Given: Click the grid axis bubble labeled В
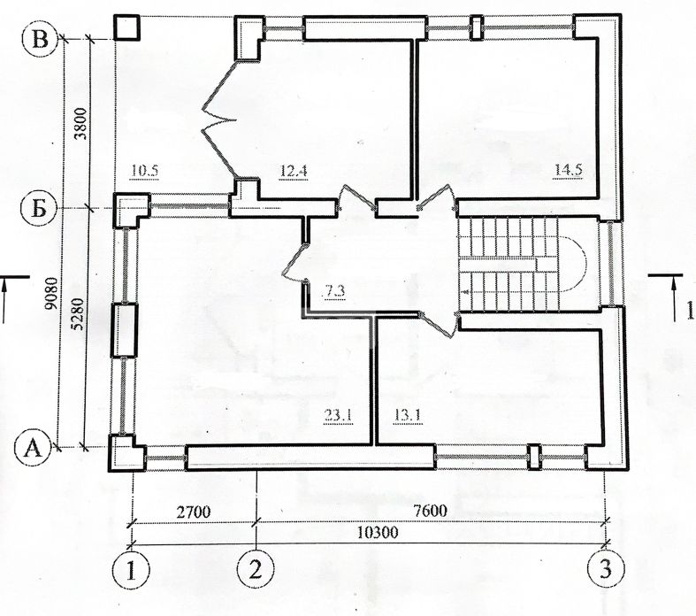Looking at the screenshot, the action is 41,39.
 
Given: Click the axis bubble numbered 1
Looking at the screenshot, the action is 131,570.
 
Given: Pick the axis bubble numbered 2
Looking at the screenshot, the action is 256,570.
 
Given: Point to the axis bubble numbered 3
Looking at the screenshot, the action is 606,569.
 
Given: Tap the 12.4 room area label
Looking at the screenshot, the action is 294,171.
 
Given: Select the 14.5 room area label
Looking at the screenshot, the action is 568,170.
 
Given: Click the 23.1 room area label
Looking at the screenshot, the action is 339,417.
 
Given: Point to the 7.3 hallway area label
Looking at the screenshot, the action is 333,292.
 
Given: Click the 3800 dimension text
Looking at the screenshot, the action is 81,123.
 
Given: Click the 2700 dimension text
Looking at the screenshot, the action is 194,512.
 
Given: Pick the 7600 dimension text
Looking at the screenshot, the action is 430,511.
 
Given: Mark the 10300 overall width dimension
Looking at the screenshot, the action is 378,532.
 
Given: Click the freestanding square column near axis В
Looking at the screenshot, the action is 127,28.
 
